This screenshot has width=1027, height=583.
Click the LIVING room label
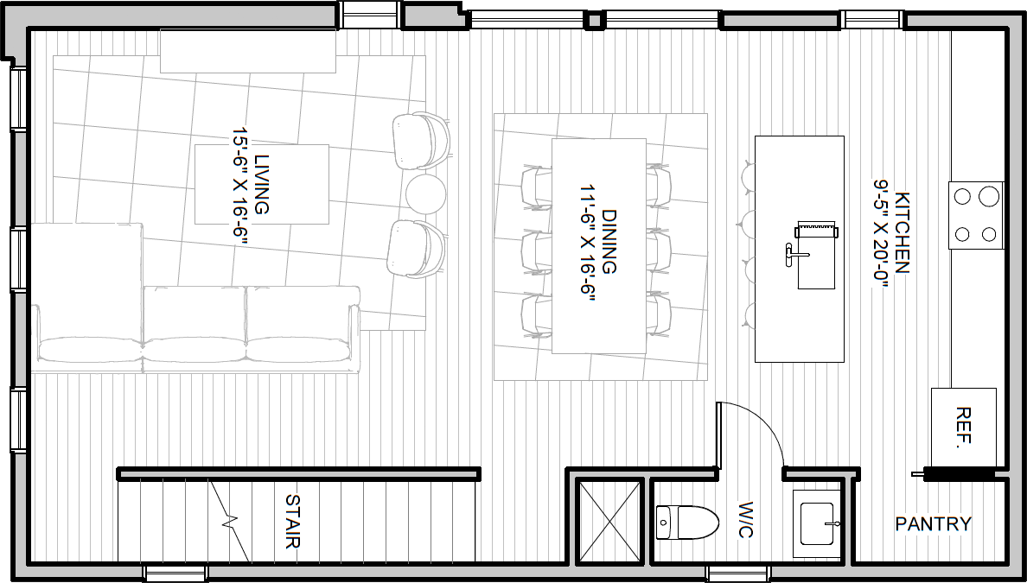tap(262, 184)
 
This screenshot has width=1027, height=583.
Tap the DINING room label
tap(609, 242)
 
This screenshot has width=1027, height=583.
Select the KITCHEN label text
tap(902, 232)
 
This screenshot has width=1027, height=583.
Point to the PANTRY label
tap(934, 523)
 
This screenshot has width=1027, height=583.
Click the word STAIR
tap(293, 522)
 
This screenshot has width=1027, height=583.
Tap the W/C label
tap(745, 520)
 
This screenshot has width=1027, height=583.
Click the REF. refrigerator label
tap(963, 428)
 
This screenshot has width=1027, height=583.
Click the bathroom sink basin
tap(817, 523)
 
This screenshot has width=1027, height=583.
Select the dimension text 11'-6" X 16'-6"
tap(587, 242)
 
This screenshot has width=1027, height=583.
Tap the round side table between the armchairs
tap(425, 193)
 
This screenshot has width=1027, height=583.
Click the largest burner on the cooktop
tap(988, 196)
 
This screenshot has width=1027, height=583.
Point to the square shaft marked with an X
tap(609, 521)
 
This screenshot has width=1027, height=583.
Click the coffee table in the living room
tap(262, 184)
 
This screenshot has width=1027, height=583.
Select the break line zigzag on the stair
tap(228, 522)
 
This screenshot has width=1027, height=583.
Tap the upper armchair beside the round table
tap(422, 140)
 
